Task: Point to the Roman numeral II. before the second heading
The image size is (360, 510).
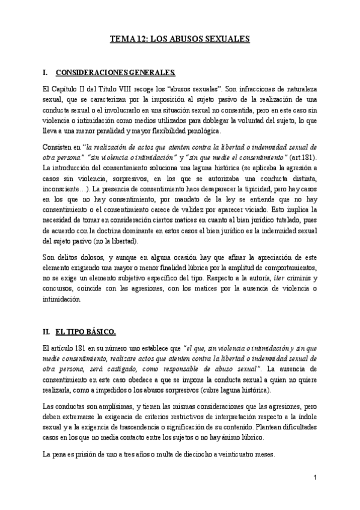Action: point(46,331)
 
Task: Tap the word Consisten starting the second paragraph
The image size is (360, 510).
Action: point(58,147)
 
